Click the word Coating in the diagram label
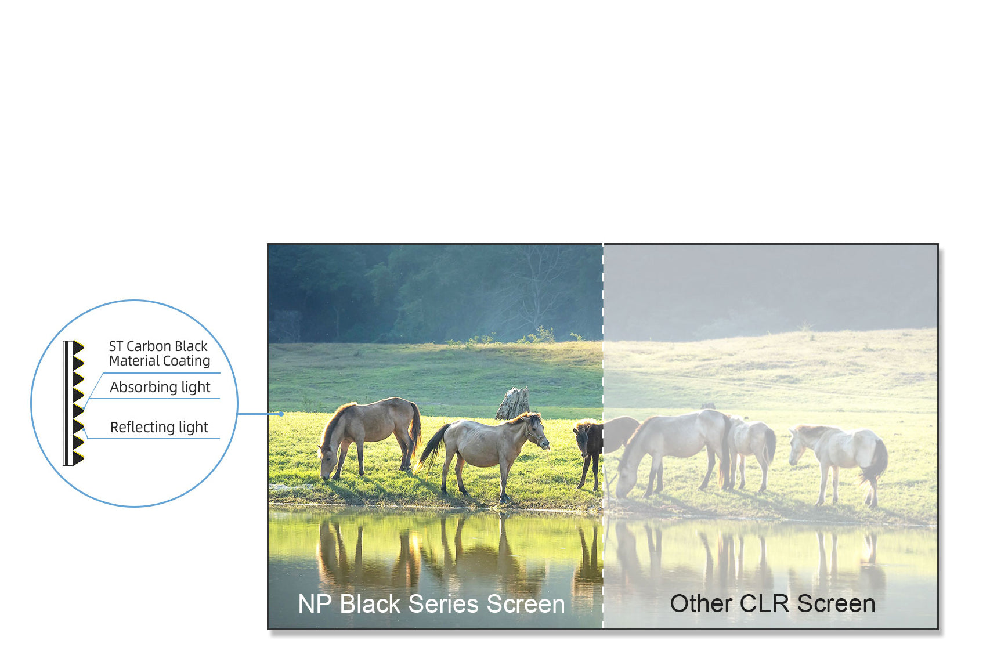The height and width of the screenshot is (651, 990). [186, 361]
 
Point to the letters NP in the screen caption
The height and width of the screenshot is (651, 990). [314, 604]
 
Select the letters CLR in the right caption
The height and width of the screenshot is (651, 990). [765, 604]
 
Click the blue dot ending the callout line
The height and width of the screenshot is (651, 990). [281, 414]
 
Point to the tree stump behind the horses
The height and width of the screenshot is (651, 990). [513, 403]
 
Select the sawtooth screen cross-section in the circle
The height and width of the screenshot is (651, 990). [74, 403]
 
